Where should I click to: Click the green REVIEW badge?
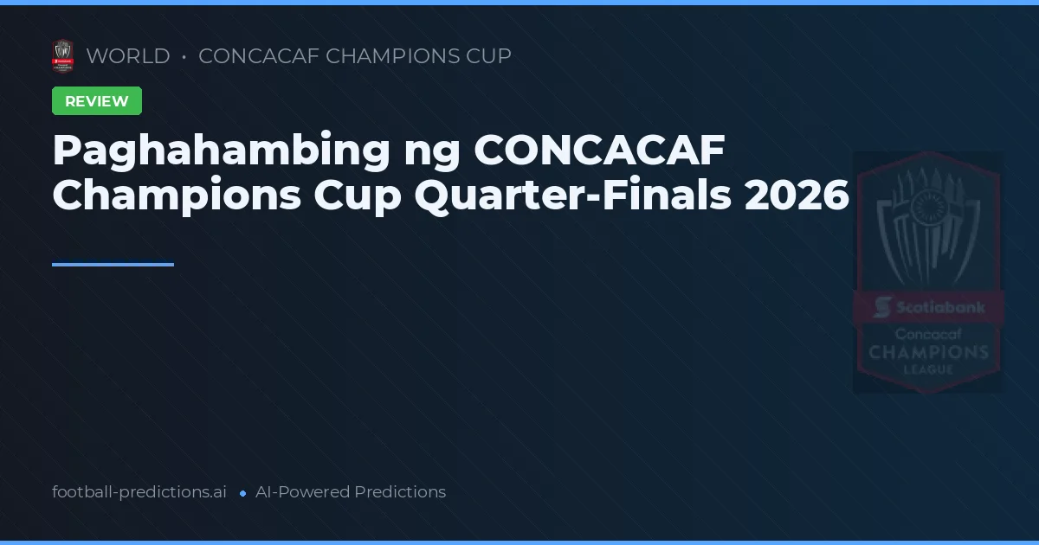[x=97, y=101]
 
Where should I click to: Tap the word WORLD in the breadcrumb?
[x=128, y=56]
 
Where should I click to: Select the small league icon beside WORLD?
[x=62, y=56]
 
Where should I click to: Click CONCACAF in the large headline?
[x=599, y=151]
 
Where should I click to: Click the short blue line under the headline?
[x=113, y=265]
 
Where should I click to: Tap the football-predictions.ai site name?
[x=139, y=492]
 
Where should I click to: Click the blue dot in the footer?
[x=242, y=493]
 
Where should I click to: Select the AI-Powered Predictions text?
[x=351, y=492]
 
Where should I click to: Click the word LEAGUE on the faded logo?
[x=928, y=369]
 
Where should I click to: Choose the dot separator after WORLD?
[x=184, y=57]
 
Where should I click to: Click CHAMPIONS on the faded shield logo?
[x=928, y=352]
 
